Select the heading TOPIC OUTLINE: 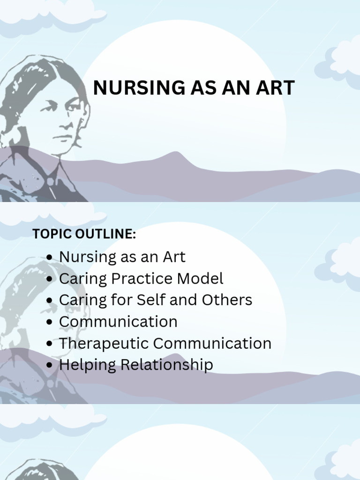84,234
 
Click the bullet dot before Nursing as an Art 50,257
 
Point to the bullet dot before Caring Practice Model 50,279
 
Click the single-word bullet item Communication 118,322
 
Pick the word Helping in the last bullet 87,365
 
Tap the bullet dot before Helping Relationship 50,366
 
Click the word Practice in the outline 143,278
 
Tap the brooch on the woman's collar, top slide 50,181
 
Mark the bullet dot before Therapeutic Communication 50,344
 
